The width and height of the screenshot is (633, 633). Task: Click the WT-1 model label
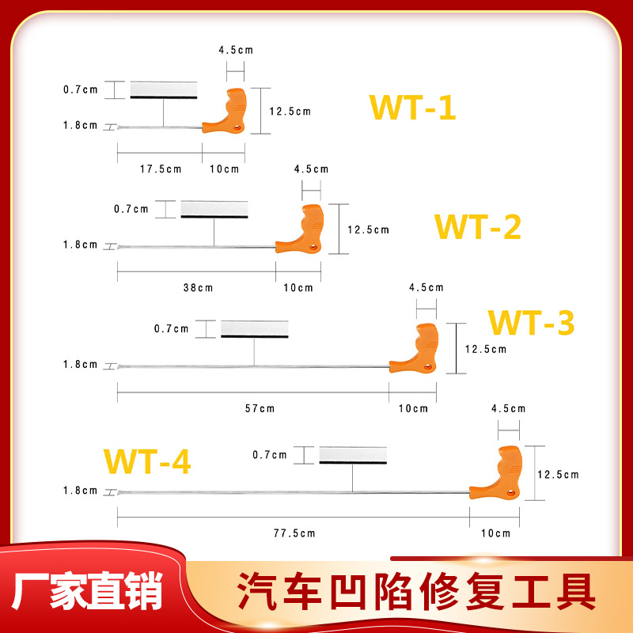pos(412,108)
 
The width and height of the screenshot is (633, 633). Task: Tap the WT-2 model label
pos(477,228)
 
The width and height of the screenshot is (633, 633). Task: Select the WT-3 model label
pos(530,323)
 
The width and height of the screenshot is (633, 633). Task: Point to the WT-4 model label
pos(148,461)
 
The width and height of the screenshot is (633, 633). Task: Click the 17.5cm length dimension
pos(161,169)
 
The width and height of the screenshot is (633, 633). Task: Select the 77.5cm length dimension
pos(295,533)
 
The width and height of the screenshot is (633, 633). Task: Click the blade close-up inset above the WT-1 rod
pos(163,89)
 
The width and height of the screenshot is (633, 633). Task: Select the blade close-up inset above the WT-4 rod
pos(352,455)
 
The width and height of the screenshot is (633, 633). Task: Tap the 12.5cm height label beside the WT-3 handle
pos(485,348)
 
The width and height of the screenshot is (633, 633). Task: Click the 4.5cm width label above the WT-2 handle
pos(311,169)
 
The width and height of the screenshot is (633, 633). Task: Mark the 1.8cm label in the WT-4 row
pos(80,491)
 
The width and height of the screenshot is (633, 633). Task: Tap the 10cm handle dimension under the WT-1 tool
pos(224,169)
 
